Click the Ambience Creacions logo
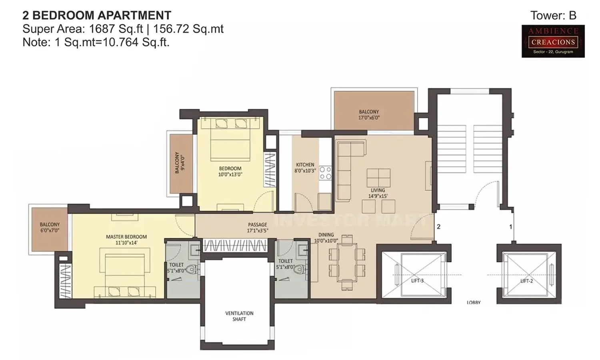pyautogui.click(x=553, y=41)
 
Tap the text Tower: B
pyautogui.click(x=553, y=16)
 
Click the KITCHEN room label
pyautogui.click(x=305, y=167)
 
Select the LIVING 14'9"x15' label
pyautogui.click(x=378, y=193)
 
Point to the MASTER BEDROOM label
pyautogui.click(x=126, y=240)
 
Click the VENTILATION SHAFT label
pyautogui.click(x=239, y=316)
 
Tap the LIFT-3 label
pyautogui.click(x=417, y=281)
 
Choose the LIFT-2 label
pyautogui.click(x=526, y=281)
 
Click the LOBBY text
pyautogui.click(x=474, y=302)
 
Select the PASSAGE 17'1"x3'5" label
pyautogui.click(x=257, y=228)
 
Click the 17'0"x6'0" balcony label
pyautogui.click(x=369, y=115)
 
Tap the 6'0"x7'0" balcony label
pyautogui.click(x=50, y=227)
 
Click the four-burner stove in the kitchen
pyautogui.click(x=325, y=173)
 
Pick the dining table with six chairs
pyautogui.click(x=347, y=262)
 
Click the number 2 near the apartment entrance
pyautogui.click(x=439, y=227)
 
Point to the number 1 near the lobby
pyautogui.click(x=510, y=227)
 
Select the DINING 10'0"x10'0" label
pyautogui.click(x=326, y=238)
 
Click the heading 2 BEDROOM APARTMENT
pyautogui.click(x=97, y=16)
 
